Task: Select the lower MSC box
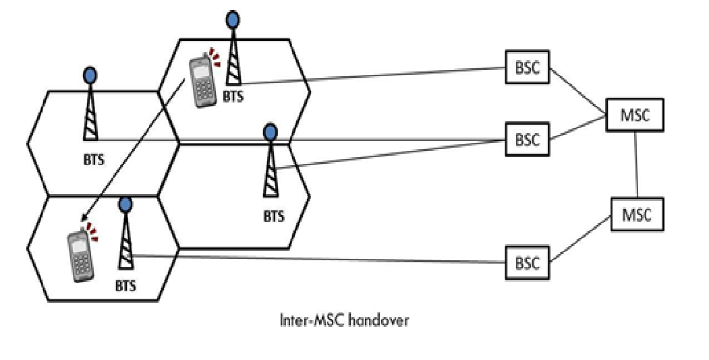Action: click(x=637, y=215)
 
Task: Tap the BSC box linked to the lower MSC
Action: click(x=528, y=263)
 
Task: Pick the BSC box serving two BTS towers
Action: click(x=528, y=140)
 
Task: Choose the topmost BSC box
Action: click(x=528, y=70)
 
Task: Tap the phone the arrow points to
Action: click(x=81, y=257)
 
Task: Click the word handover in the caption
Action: click(x=382, y=321)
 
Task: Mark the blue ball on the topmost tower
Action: click(x=232, y=20)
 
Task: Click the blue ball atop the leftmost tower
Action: click(x=90, y=73)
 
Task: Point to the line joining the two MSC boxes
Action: click(x=637, y=164)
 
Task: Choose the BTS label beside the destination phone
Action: click(x=125, y=285)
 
